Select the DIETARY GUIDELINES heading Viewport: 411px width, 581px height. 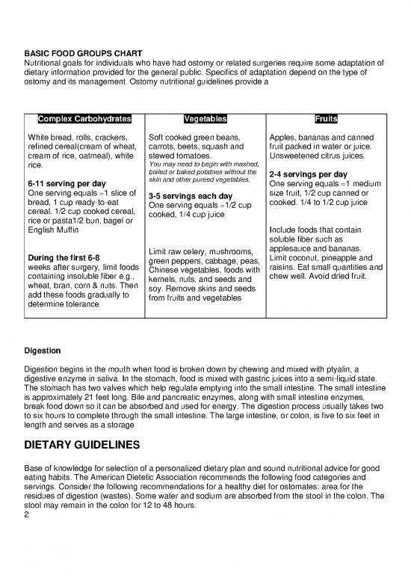(x=82, y=446)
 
